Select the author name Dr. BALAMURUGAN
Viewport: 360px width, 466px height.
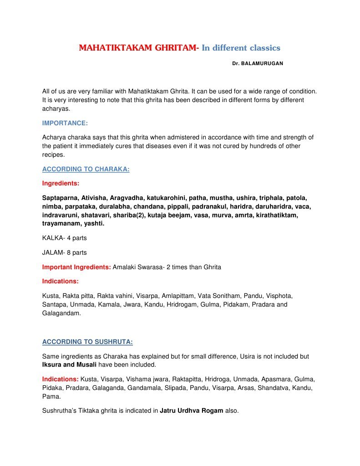click(257, 64)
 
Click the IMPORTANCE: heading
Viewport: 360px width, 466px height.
click(65, 123)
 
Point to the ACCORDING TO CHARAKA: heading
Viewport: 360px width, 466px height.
click(86, 169)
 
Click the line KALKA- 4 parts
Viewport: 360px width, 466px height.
click(64, 238)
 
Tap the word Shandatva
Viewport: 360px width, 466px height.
click(274, 387)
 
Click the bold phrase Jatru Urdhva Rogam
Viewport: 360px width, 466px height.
click(192, 410)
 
